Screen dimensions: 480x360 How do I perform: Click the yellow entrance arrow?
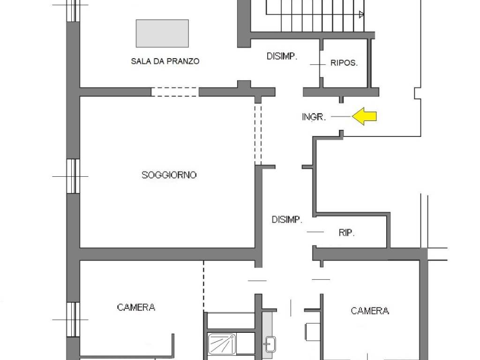point(364,116)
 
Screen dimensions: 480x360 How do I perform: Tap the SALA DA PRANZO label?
point(165,61)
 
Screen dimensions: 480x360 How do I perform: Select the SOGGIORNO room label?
point(169,175)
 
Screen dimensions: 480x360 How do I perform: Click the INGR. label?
point(314,117)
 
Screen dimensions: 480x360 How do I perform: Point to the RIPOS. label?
point(344,63)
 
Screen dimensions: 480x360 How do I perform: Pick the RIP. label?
point(346,233)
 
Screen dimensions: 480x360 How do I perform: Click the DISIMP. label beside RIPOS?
point(282,56)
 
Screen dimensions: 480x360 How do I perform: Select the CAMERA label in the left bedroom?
point(136,307)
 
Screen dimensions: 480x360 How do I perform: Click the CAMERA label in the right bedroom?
point(370,311)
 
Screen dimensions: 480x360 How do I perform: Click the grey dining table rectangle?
point(162,33)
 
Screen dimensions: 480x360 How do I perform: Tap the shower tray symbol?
point(222,344)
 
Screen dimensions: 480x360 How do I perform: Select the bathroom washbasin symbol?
point(270,344)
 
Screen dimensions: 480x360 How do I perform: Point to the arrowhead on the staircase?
point(361,14)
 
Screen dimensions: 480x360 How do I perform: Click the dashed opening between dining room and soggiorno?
point(175,92)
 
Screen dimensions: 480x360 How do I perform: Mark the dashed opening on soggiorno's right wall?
point(258,134)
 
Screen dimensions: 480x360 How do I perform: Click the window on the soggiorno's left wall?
point(73,176)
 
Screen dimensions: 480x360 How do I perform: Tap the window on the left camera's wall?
point(73,320)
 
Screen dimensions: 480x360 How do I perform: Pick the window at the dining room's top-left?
point(73,11)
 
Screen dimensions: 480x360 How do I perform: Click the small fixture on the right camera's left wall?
point(313,332)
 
